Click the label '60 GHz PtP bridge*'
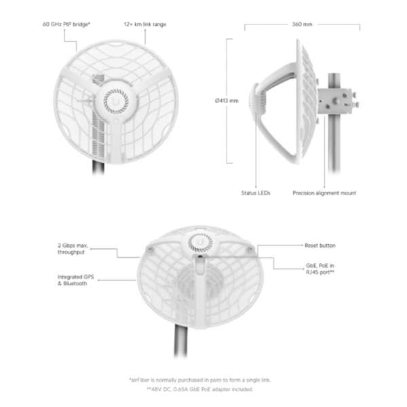click(x=66, y=24)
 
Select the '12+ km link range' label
click(x=145, y=24)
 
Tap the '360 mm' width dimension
click(x=302, y=24)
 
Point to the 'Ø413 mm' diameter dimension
click(x=227, y=100)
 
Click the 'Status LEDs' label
click(x=256, y=193)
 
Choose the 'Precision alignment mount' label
click(x=324, y=193)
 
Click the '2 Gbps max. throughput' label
click(x=73, y=249)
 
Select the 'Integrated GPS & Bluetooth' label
click(x=75, y=280)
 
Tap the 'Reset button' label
click(x=320, y=246)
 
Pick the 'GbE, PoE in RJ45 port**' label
click(x=320, y=269)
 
